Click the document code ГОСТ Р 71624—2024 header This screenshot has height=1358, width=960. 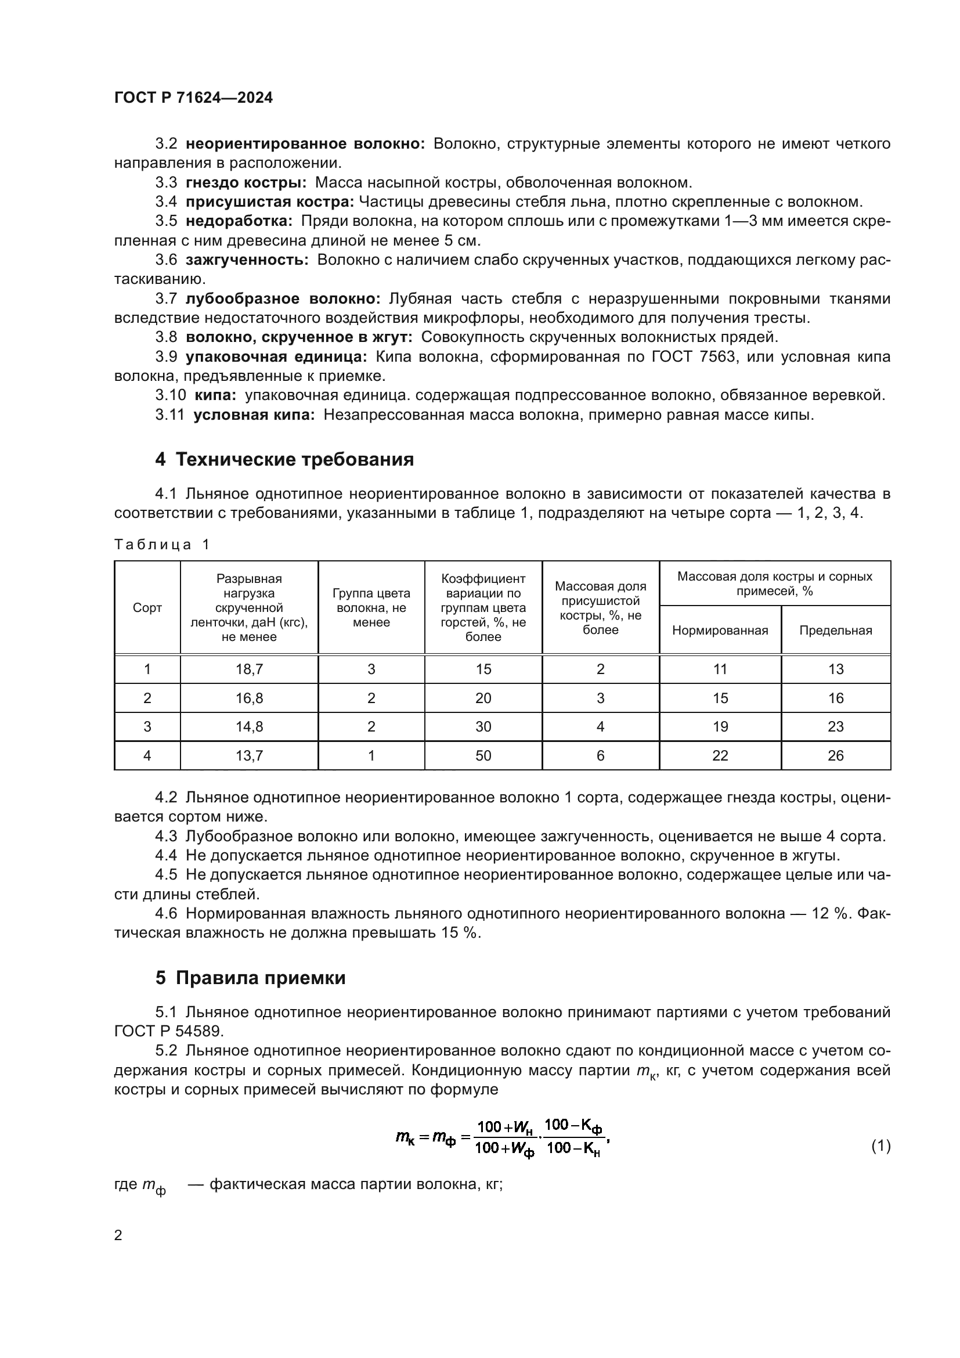coord(193,98)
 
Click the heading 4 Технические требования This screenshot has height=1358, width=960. coord(284,459)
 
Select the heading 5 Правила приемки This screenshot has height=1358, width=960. coord(250,978)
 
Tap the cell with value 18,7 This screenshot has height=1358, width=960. coord(249,669)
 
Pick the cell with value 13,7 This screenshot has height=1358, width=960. coord(249,755)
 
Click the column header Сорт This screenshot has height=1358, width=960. coord(147,607)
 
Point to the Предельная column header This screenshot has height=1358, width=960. coord(835,630)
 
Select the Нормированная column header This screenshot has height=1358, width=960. coord(719,630)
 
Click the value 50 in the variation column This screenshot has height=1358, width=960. coord(483,755)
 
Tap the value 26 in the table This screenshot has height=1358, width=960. coord(835,755)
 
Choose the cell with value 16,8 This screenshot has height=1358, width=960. coord(249,698)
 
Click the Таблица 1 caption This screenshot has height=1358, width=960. coord(162,544)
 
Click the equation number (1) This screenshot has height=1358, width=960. coord(880,1146)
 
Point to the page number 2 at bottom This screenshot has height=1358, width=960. coord(118,1235)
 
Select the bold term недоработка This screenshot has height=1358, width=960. coord(239,221)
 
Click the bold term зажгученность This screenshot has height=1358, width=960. coord(247,260)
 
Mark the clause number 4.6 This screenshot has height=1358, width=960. coord(165,913)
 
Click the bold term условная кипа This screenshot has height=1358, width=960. coord(254,415)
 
